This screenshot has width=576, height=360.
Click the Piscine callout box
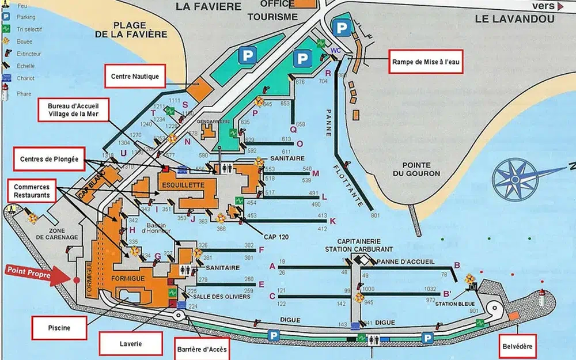59,328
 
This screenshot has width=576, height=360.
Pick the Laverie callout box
131,344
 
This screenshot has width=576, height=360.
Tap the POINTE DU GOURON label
420,169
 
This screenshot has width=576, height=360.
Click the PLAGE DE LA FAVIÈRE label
140,29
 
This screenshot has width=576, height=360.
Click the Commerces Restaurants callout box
32,191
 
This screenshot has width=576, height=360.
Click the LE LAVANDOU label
514,18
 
